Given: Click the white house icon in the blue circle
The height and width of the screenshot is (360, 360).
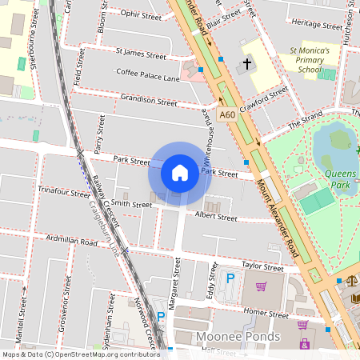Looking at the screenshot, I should (x=180, y=173).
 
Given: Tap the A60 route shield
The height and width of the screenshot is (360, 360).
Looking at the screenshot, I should (x=228, y=114).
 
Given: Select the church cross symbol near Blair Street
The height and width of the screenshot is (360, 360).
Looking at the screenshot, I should (x=247, y=63).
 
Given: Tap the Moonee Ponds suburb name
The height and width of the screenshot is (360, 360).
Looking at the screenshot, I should (x=238, y=337).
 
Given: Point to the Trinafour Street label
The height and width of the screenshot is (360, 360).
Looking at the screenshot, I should (x=64, y=193).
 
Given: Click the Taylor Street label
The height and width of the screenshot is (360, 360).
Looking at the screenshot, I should (x=262, y=268).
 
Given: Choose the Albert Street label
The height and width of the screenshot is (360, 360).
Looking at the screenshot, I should (x=216, y=217).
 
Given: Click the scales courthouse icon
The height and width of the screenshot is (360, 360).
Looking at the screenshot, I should (x=351, y=282).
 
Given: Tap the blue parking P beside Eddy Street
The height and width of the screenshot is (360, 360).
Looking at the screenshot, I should (x=230, y=278).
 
